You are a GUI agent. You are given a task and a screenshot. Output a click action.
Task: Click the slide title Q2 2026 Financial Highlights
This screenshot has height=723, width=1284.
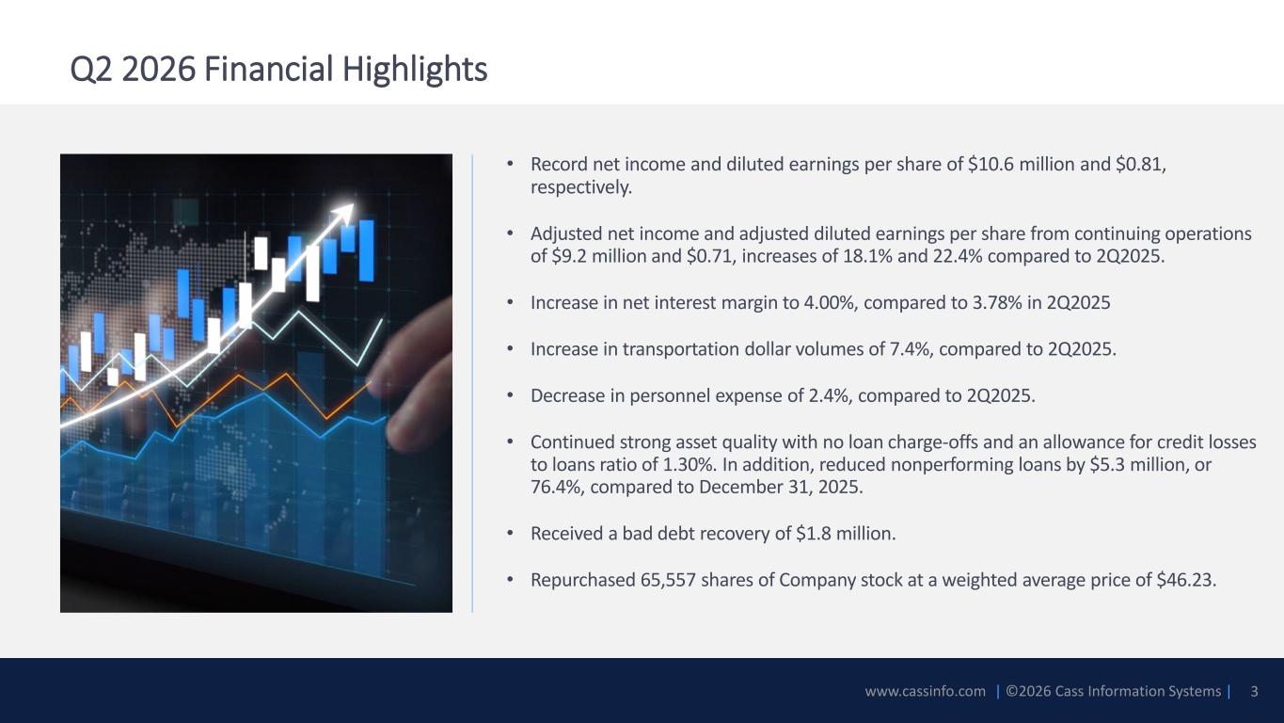coord(278,70)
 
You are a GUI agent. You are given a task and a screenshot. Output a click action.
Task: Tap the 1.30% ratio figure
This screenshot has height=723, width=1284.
coord(688,464)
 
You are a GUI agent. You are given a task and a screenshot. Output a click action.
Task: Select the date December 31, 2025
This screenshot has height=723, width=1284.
coord(780,487)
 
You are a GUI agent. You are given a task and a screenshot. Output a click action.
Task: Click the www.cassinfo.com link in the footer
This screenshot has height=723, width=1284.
coord(926,691)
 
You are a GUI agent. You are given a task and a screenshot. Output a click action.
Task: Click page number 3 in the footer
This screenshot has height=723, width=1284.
coord(1254,691)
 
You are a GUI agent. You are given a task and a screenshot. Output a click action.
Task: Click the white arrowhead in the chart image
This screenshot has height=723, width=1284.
coord(343,214)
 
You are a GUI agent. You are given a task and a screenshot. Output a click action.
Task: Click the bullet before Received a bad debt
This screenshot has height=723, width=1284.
coord(510,534)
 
